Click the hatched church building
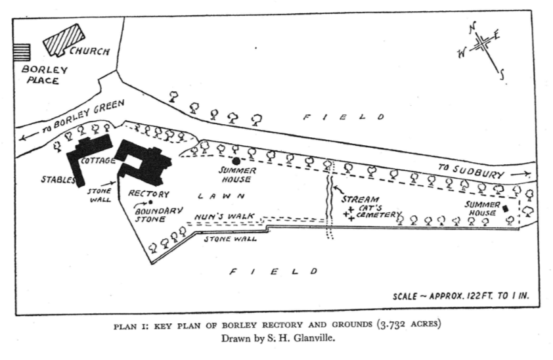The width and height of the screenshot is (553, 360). click(x=64, y=40)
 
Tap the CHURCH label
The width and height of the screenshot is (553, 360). click(x=89, y=51)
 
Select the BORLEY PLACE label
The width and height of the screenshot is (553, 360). click(x=44, y=75)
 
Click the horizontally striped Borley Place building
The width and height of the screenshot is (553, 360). click(x=21, y=52)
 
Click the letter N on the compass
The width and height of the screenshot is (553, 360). click(x=473, y=28)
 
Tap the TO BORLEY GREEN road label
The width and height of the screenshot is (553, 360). click(x=83, y=116)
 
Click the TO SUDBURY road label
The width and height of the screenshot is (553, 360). click(x=471, y=171)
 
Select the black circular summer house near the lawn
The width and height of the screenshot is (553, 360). click(x=236, y=161)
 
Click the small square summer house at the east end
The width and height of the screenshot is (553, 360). click(x=506, y=208)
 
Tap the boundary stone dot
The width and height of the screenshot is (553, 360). click(x=150, y=202)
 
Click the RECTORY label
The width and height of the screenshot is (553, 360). click(x=149, y=194)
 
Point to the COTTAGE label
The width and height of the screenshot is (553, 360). click(x=98, y=161)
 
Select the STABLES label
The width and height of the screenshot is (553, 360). click(x=58, y=179)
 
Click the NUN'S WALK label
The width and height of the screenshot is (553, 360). click(x=224, y=216)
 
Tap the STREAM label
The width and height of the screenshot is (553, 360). click(x=360, y=199)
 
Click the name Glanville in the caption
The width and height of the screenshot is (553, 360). click(x=314, y=338)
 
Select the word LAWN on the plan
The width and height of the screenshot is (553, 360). click(x=221, y=196)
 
